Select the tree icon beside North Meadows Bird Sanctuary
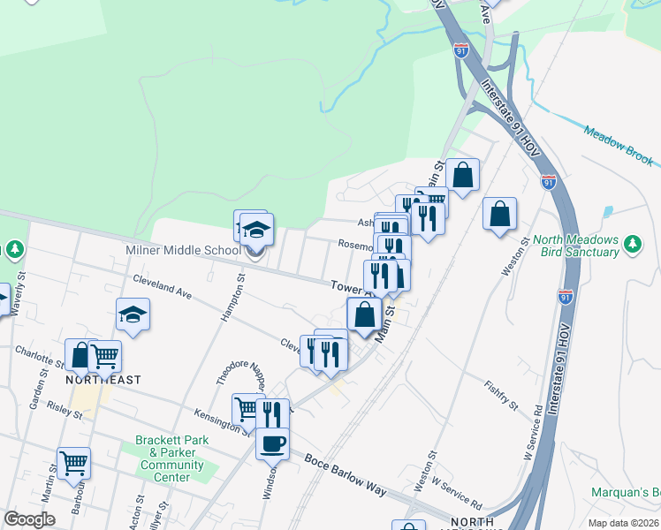point(632,242)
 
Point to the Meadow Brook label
point(619,145)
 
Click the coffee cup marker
point(272,443)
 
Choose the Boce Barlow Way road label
point(346,475)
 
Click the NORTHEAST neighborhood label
point(103,380)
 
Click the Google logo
point(29,519)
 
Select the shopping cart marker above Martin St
point(74,461)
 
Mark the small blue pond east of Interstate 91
point(607,212)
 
